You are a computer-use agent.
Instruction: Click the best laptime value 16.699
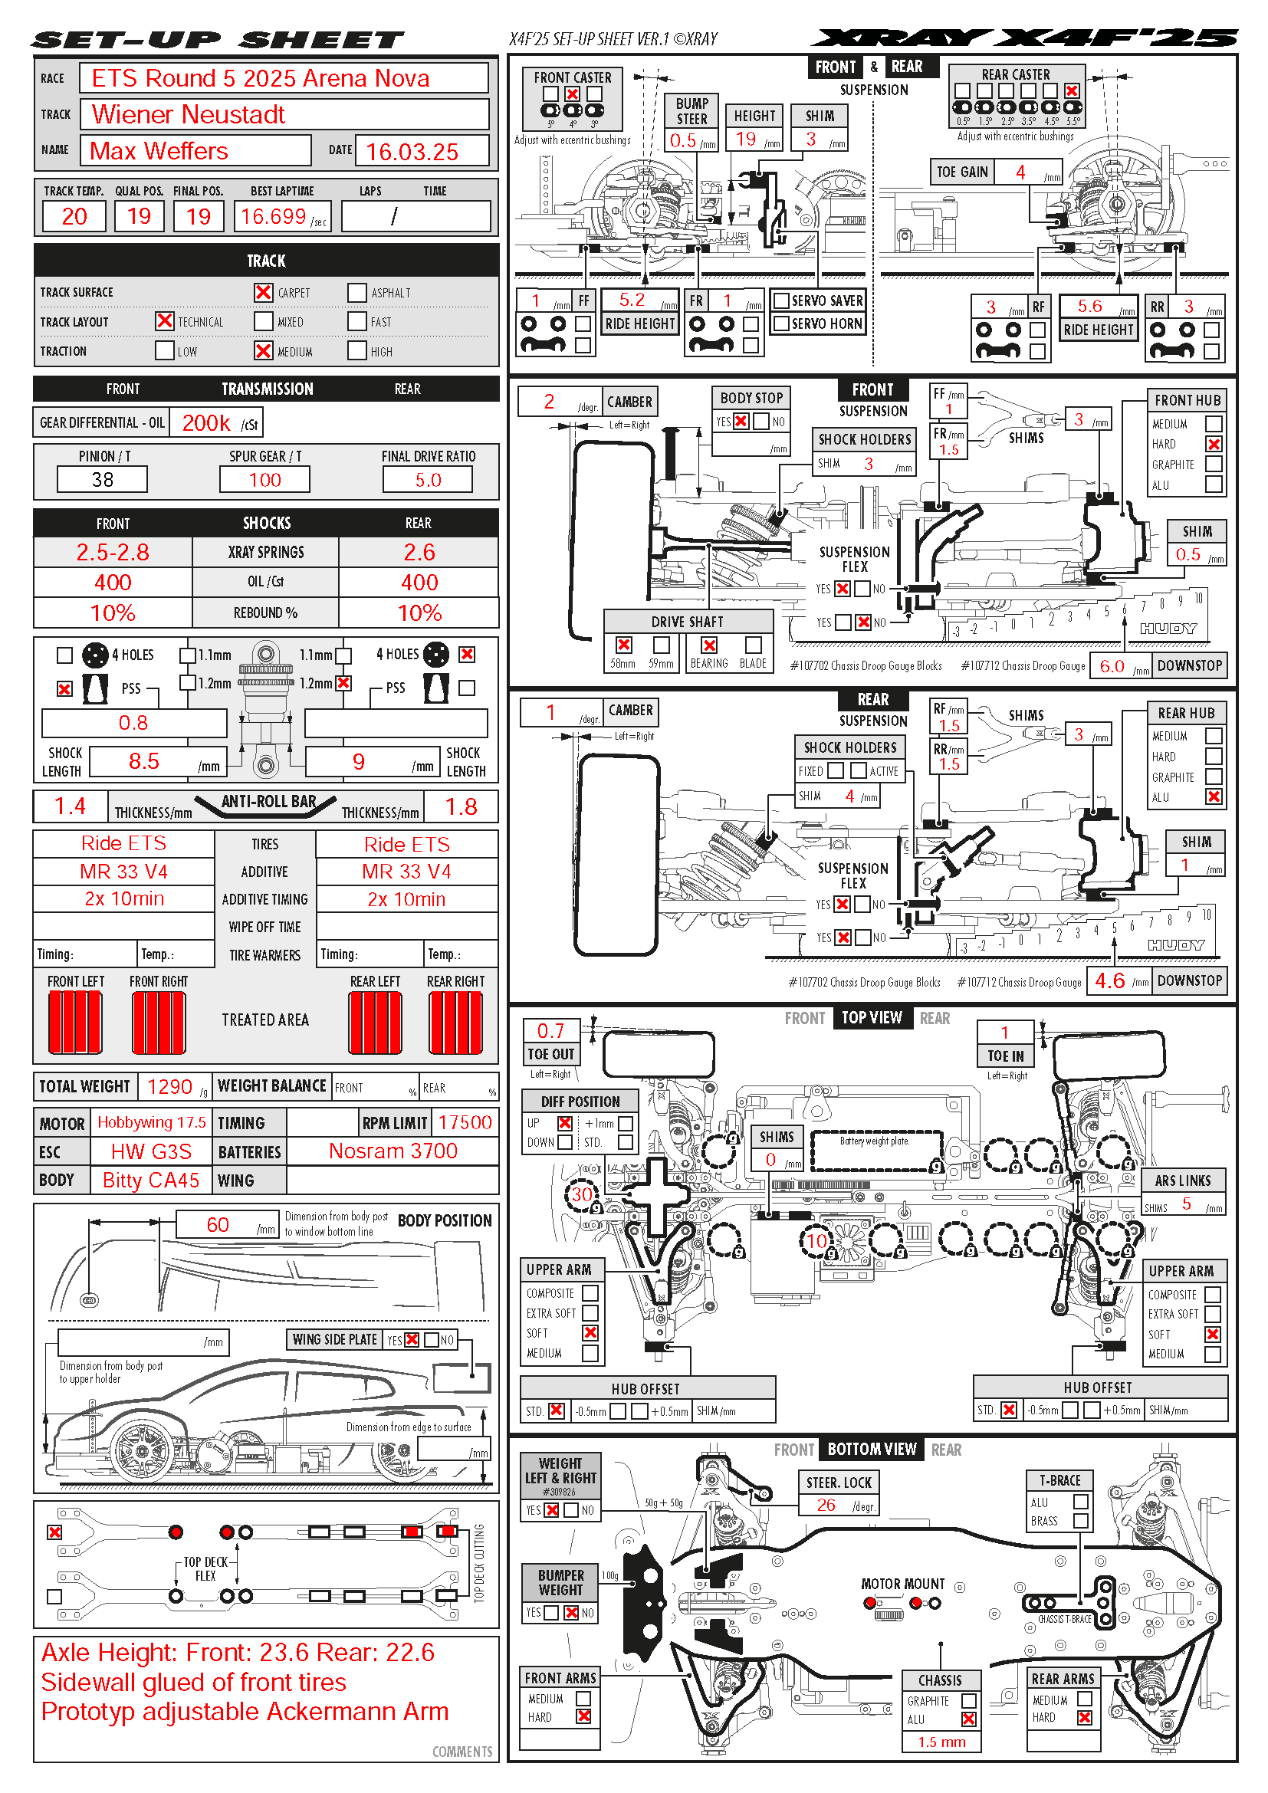273,216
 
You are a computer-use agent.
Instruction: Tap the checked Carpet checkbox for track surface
263,292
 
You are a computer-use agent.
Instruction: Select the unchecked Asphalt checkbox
356,292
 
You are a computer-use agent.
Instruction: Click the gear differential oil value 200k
206,423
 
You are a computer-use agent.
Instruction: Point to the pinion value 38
102,479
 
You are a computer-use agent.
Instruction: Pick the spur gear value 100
264,479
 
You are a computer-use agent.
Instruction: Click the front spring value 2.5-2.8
113,552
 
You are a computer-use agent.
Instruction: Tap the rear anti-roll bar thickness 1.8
461,806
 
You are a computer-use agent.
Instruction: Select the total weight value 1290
169,1086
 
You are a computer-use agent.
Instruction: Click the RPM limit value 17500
465,1122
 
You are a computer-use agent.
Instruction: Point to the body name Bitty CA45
151,1180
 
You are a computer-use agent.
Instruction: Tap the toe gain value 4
1020,172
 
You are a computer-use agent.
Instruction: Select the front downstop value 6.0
1112,666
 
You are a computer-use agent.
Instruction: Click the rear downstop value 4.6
1109,981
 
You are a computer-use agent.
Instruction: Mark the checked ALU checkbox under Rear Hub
1213,796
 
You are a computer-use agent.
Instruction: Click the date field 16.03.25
412,152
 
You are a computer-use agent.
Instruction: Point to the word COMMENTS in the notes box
462,1752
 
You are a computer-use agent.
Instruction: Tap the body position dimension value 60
217,1224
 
